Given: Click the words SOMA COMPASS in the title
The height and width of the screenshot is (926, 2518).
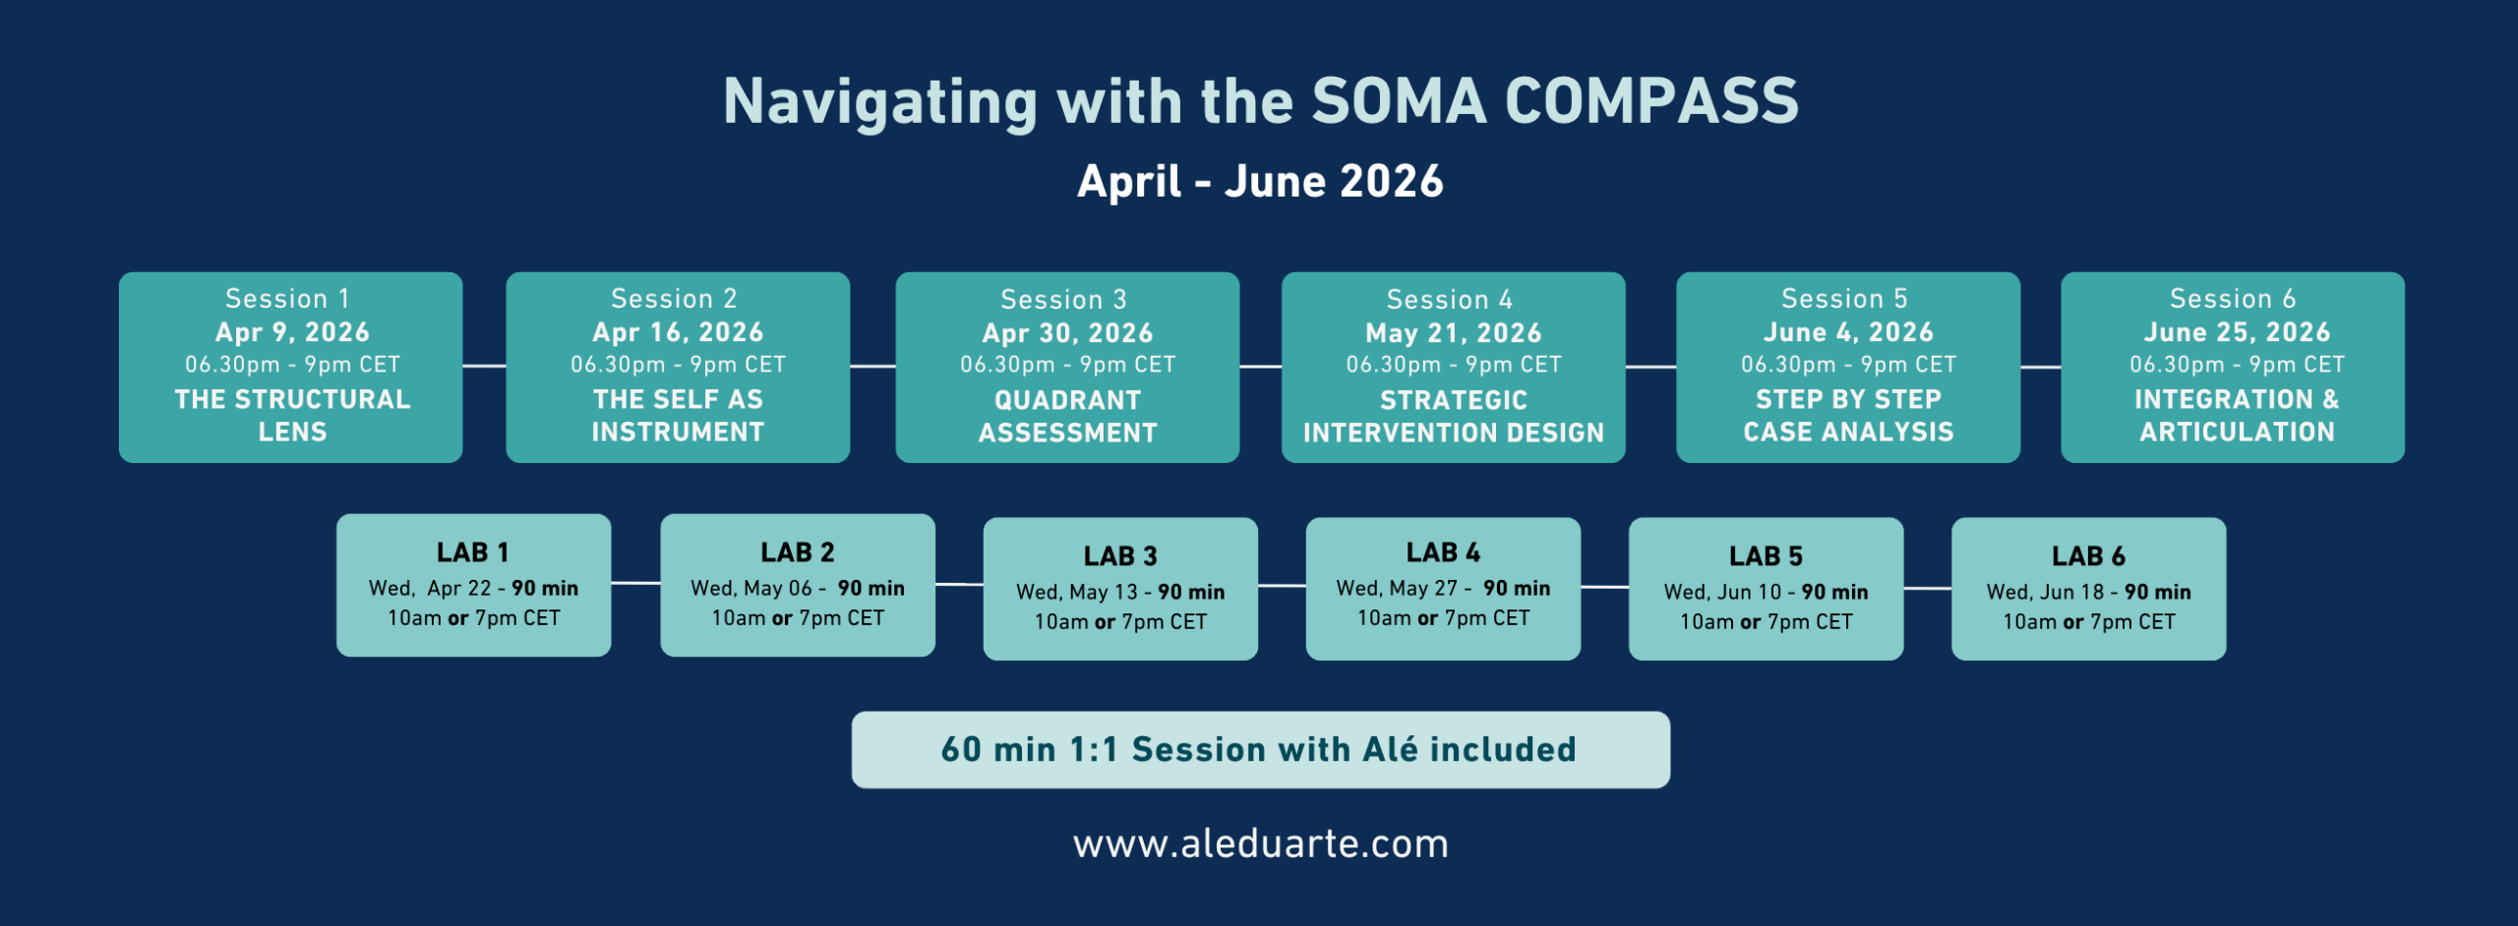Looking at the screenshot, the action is [1555, 101].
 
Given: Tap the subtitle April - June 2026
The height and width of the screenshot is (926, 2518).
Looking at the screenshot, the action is [1260, 182].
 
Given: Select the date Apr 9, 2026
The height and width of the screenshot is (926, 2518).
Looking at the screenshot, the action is [292, 332].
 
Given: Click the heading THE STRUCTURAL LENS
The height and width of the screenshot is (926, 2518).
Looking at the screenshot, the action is [292, 415].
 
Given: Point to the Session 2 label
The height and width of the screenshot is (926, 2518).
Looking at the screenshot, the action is [674, 298].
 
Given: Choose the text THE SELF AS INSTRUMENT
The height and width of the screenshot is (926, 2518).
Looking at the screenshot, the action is [678, 415].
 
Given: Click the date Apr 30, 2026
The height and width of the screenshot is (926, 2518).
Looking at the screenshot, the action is [1067, 333].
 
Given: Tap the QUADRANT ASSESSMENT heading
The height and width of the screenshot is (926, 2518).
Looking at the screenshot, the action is [1067, 416].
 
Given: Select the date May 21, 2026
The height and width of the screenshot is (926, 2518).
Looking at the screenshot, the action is [1454, 333].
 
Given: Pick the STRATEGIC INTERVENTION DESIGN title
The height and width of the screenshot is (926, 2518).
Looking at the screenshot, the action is [1454, 416].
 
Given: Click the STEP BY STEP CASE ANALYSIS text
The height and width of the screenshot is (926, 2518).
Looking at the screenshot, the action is [1848, 415].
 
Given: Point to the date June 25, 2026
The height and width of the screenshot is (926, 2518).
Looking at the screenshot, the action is [2237, 332].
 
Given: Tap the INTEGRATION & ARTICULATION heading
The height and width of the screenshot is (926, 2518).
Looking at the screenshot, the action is [2237, 415].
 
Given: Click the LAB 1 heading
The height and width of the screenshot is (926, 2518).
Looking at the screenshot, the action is [473, 552].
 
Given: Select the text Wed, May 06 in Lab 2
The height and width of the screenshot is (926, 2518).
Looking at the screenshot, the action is [751, 588].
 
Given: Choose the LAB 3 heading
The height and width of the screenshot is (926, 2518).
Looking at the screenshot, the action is [1120, 556].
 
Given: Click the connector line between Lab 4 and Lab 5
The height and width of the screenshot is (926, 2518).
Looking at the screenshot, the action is [1605, 587].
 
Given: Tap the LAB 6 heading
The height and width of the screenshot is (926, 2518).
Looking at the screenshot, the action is [2088, 556].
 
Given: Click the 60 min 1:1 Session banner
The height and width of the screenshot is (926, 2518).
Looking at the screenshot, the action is [1260, 750].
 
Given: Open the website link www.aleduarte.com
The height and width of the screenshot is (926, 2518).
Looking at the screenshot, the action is [1261, 844].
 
